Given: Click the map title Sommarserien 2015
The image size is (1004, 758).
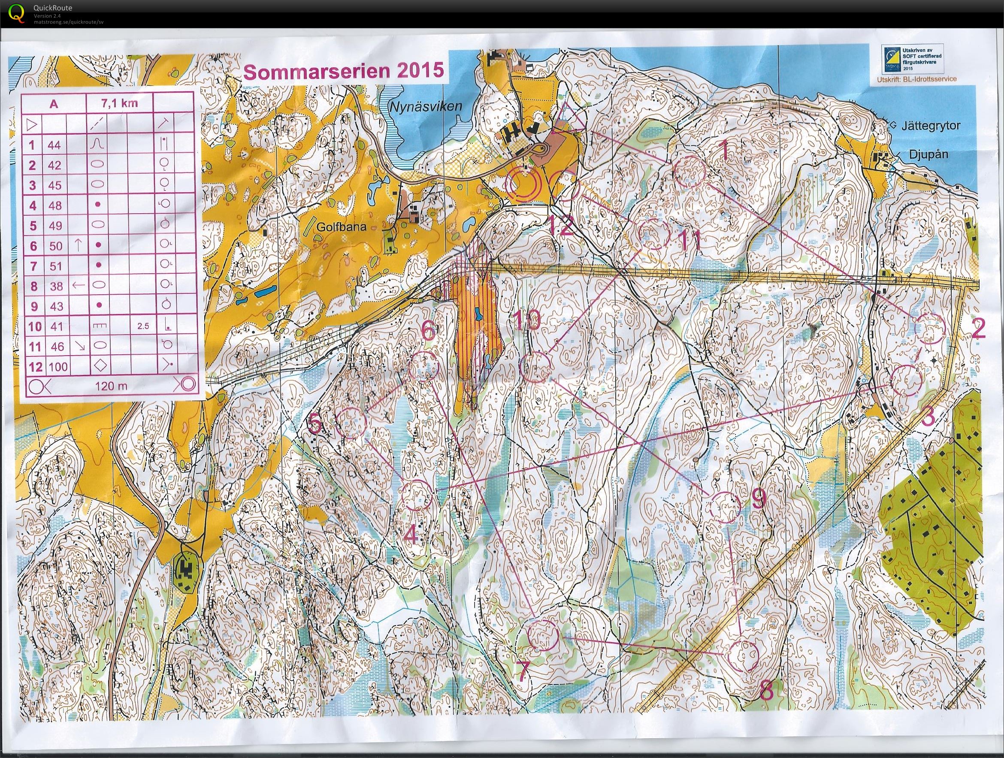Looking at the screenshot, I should point(343,71).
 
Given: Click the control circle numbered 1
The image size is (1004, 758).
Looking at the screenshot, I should point(689,171).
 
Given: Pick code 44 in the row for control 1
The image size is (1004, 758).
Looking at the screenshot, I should point(54,145).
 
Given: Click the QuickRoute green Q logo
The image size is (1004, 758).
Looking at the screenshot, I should point(17,12).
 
